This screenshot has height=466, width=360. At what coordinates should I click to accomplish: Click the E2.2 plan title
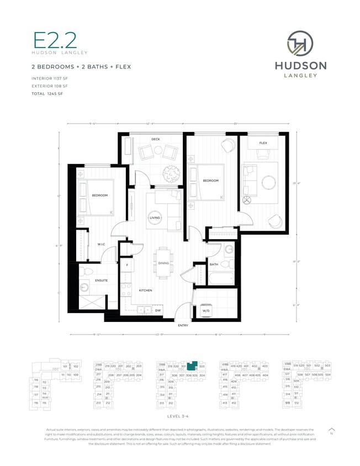(55, 41)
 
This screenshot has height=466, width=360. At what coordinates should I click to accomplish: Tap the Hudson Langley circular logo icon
(300, 44)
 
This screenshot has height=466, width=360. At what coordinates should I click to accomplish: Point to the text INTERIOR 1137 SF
(50, 79)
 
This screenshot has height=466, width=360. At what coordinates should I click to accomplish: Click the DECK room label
(156, 139)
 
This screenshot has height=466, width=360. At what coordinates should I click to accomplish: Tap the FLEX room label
(263, 143)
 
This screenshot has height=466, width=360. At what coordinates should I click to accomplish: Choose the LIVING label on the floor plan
(155, 218)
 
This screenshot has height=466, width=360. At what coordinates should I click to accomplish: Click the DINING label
(163, 263)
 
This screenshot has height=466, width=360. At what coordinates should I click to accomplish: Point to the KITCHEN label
(146, 290)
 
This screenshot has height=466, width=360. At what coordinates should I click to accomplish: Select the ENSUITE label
(101, 280)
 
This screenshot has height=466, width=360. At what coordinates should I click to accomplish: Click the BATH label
(214, 264)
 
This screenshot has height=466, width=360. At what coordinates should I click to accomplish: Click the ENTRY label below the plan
(183, 325)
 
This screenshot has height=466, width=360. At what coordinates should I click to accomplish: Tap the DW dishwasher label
(158, 311)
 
